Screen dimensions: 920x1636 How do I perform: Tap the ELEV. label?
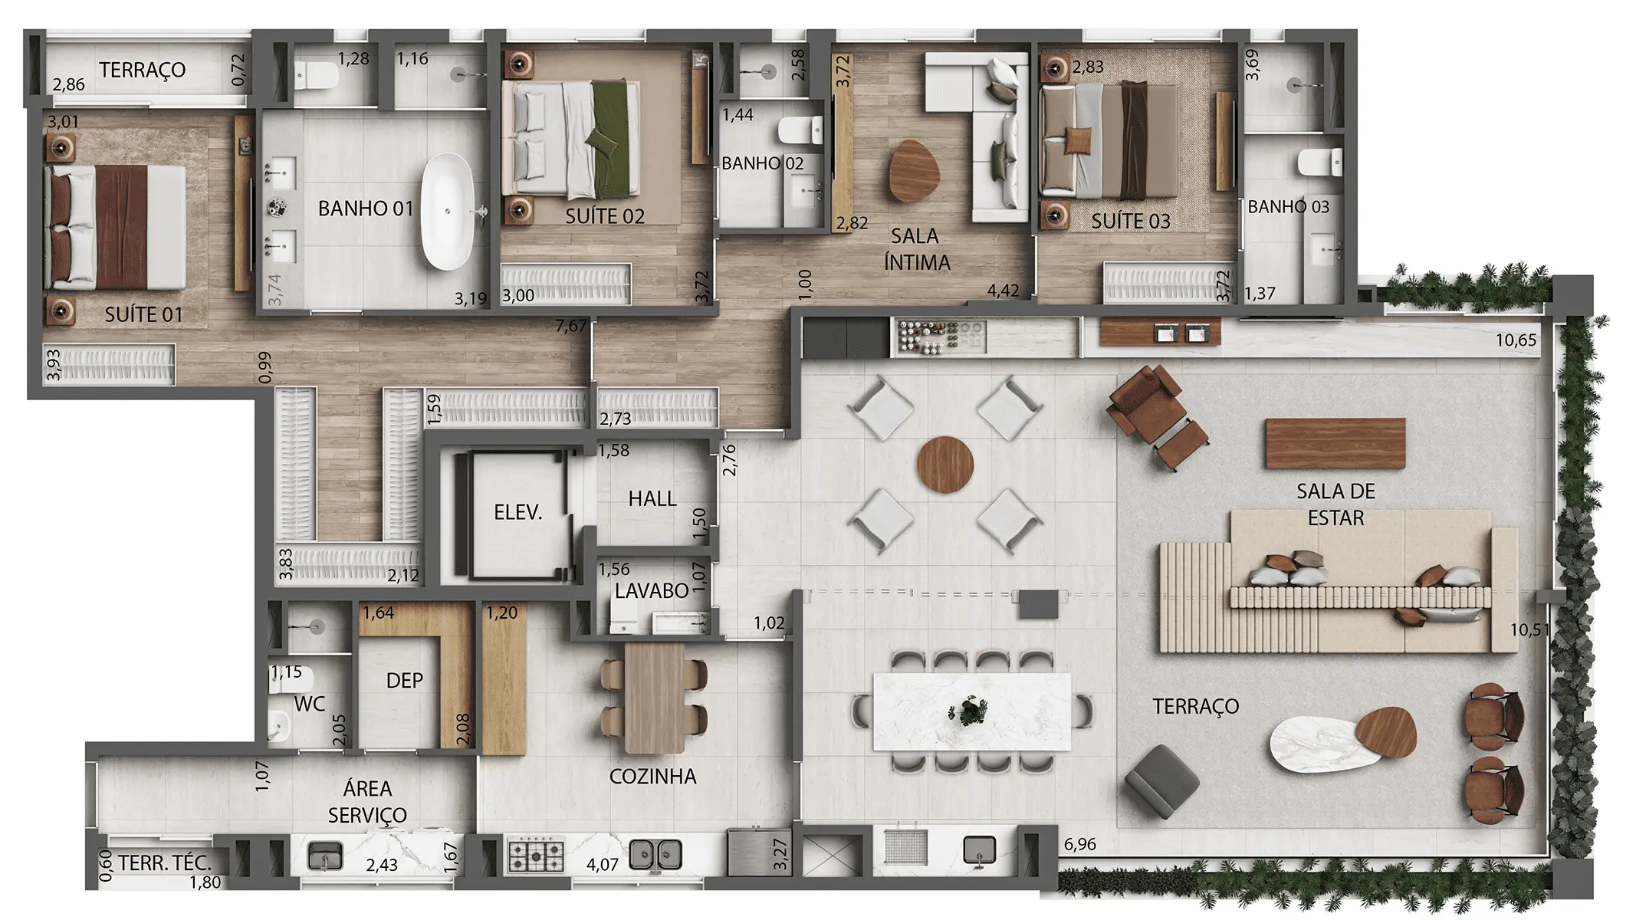518,512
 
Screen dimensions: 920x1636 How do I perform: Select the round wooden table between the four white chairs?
945,464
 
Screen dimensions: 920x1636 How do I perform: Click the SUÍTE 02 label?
604,217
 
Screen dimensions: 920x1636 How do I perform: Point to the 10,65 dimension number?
1516,340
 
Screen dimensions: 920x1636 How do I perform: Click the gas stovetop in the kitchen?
537,854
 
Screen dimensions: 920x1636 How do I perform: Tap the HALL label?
652,499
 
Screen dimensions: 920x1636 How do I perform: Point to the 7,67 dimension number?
571,327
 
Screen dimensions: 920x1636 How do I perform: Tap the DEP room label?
404,681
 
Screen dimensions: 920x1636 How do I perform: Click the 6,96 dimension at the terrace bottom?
1079,845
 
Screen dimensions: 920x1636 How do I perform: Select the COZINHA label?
652,777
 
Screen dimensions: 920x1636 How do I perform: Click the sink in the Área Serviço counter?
325,855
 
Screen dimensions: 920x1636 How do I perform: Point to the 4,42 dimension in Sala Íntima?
1003,291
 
